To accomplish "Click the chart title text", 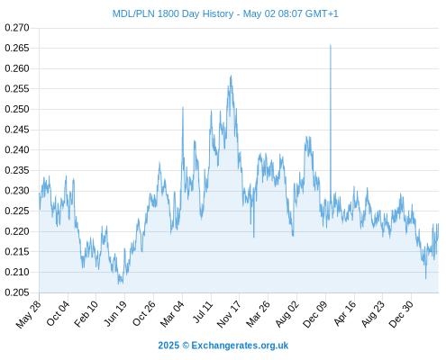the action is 225,13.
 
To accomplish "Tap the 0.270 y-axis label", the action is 17,28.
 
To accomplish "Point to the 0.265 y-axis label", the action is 17,48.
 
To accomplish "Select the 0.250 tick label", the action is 17,109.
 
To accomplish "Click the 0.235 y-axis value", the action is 17,170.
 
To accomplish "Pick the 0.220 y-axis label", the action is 17,231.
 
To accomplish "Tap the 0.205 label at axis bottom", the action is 17,292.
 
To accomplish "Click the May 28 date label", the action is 28,314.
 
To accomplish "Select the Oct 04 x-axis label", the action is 58,313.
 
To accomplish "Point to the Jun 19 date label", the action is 115,313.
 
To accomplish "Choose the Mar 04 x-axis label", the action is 172,314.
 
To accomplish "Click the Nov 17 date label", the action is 229,314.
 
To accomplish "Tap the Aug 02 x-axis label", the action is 287,314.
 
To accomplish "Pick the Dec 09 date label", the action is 314,314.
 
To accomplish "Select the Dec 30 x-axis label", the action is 401,314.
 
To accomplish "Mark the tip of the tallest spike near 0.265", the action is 331,45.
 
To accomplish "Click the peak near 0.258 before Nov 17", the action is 231,76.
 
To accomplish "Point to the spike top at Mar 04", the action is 183,107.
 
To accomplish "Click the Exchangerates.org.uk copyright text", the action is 223,346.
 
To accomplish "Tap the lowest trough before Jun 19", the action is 119,283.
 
